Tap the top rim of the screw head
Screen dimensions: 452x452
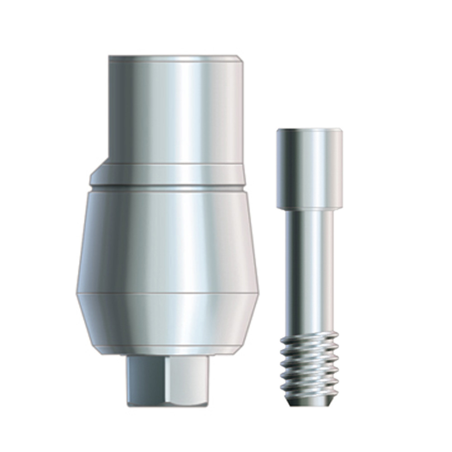tap(310, 130)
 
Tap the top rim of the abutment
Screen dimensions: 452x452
tap(174, 57)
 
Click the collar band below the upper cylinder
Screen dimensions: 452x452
tap(167, 174)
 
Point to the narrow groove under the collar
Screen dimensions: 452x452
tap(167, 188)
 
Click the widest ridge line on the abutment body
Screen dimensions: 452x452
tap(167, 294)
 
